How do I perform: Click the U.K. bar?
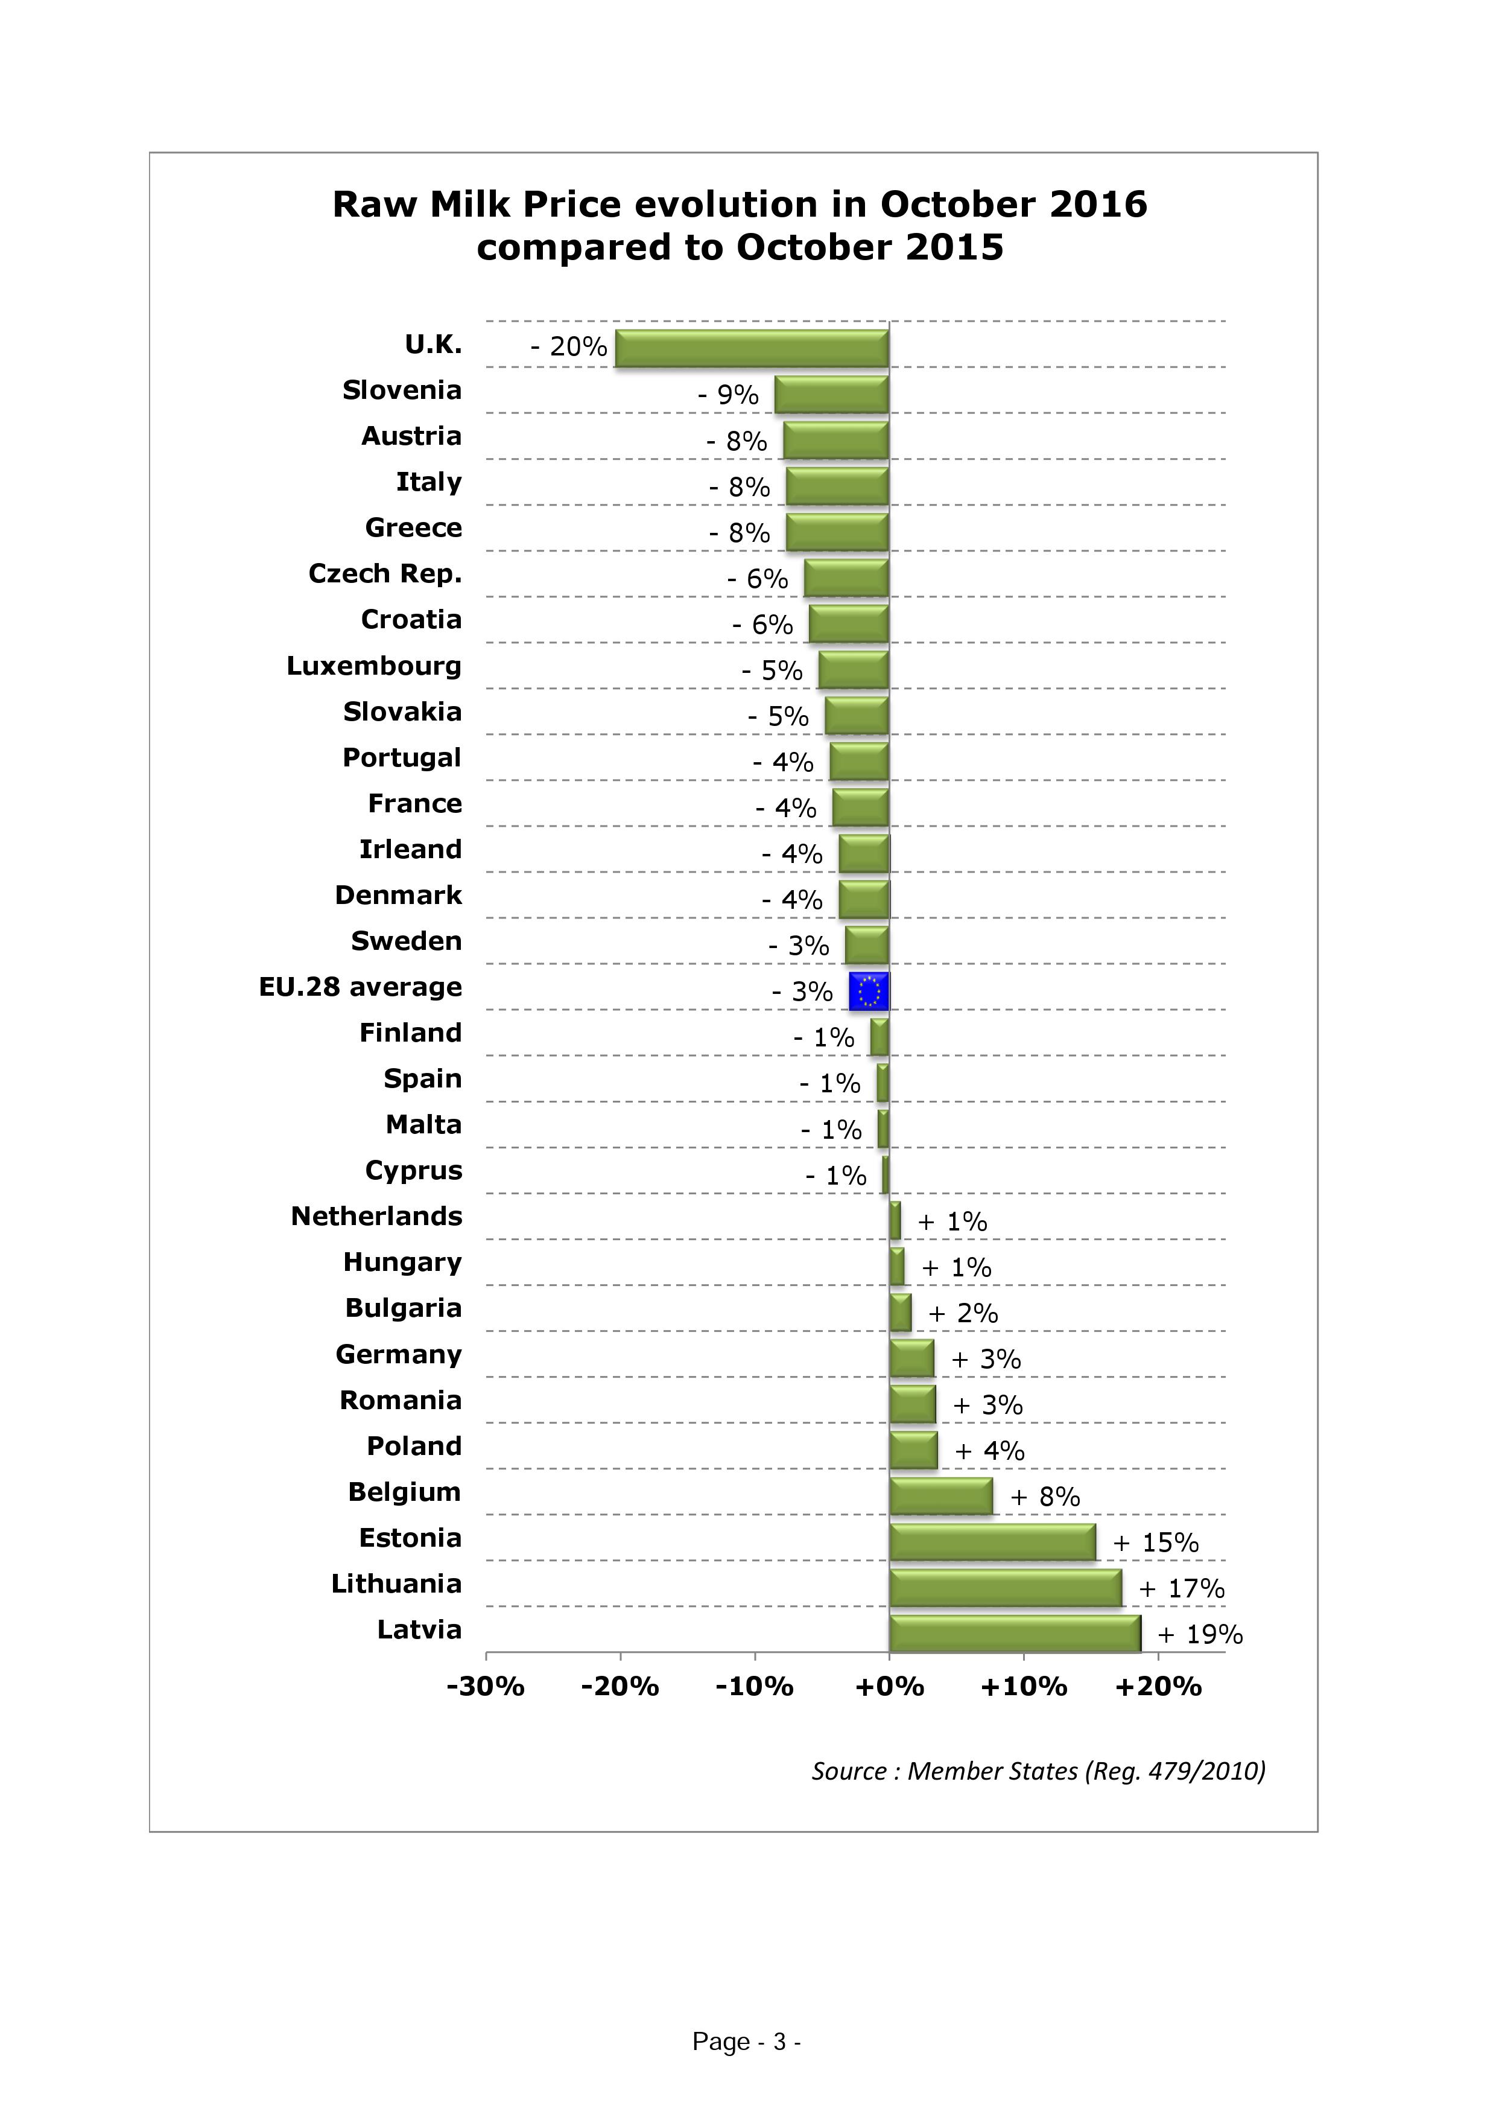click(752, 349)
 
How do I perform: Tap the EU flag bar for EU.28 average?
click(869, 991)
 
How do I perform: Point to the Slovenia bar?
click(831, 395)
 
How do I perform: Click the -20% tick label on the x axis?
click(620, 1687)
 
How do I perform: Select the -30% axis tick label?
click(486, 1687)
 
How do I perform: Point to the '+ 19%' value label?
click(1200, 1635)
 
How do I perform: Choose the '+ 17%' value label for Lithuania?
click(1182, 1589)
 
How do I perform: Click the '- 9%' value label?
click(728, 395)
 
